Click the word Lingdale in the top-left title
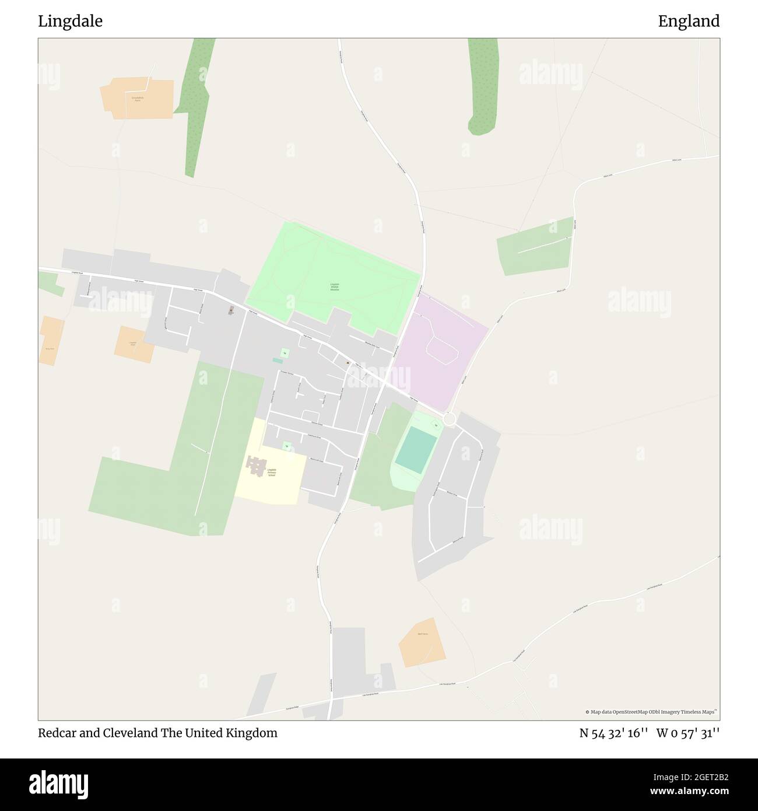pos(70,22)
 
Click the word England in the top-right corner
pos(689,22)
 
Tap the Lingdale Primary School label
pos(271,473)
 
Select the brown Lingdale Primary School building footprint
pos(254,466)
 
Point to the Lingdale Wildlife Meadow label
pos(334,287)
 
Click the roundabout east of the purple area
pos(448,419)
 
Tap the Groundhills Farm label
pos(136,99)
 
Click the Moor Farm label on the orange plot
pos(423,634)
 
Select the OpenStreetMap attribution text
pos(651,712)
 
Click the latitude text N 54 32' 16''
pos(613,733)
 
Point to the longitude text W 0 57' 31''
pos(688,733)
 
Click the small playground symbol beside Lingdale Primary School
pos(286,446)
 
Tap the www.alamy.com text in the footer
pos(685,792)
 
